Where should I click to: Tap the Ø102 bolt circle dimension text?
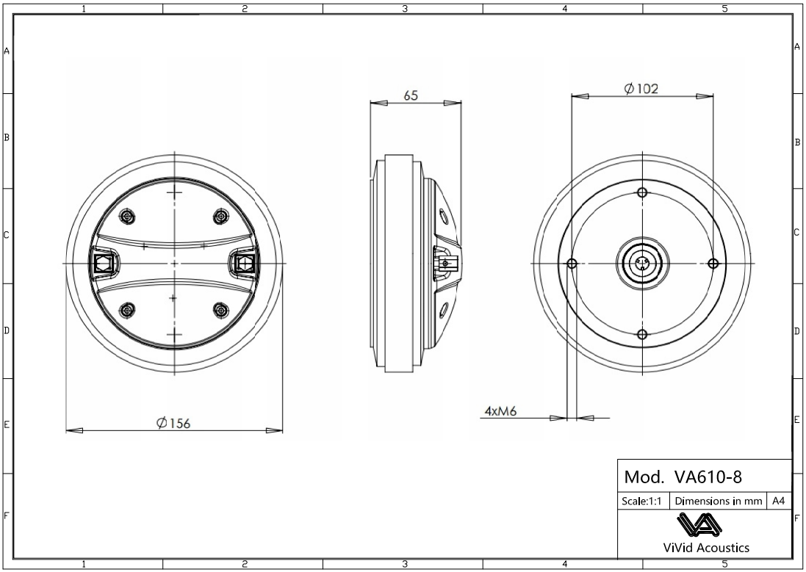tap(641, 89)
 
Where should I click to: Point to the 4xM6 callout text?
tap(501, 411)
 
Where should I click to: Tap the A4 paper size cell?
tap(779, 502)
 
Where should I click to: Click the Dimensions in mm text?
tap(718, 502)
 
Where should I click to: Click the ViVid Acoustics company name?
tap(705, 548)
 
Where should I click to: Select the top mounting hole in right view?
tap(642, 192)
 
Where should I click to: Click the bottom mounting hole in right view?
tap(642, 335)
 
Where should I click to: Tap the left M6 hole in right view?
tap(572, 264)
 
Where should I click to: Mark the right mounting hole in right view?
tap(712, 264)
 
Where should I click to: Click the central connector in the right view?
tap(642, 264)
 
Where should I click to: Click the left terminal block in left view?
tap(102, 262)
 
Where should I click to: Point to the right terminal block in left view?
tap(243, 262)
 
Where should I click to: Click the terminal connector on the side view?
tap(445, 262)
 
